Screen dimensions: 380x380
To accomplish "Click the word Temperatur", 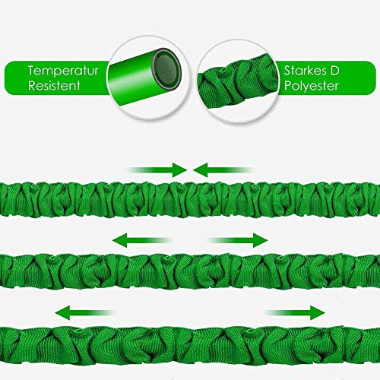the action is click(x=63, y=71).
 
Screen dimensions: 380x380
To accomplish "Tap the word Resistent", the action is click(x=54, y=86).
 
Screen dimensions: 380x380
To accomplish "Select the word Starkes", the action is click(x=305, y=71).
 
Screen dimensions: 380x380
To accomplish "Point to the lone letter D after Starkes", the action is click(x=335, y=71).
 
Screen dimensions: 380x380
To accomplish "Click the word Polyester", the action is click(x=312, y=86).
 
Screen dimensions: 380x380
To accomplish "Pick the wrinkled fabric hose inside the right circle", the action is click(x=238, y=81).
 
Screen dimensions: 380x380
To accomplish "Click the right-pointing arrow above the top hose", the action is click(x=157, y=169).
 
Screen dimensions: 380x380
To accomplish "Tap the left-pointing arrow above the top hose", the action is click(x=223, y=169).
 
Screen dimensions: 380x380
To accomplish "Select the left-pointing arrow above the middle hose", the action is click(x=142, y=240).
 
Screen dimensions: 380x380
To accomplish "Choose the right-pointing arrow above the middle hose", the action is click(x=238, y=240).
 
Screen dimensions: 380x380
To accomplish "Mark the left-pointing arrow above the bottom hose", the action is click(x=85, y=312).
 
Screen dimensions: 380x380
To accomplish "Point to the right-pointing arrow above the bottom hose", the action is click(x=295, y=312).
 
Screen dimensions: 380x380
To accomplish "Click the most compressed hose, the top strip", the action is click(x=190, y=200).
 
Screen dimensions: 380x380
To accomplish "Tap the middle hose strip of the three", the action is click(x=190, y=271).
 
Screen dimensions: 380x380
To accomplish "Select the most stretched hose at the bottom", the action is click(x=190, y=345).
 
